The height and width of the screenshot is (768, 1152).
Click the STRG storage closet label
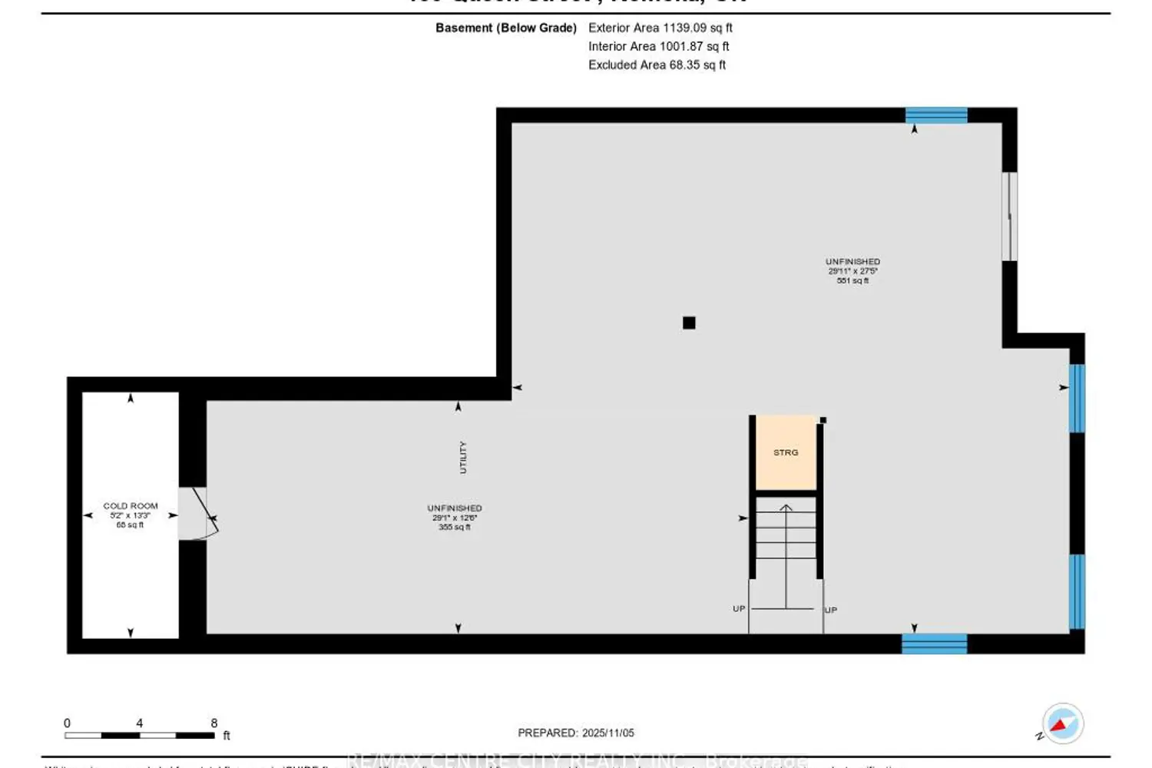click(786, 452)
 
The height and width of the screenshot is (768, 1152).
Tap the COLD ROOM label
click(131, 505)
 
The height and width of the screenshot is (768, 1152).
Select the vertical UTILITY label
click(463, 457)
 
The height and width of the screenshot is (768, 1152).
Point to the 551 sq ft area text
click(852, 281)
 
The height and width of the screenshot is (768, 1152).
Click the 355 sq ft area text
click(455, 527)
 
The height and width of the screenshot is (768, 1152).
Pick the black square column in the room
click(689, 323)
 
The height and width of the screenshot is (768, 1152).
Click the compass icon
click(1063, 723)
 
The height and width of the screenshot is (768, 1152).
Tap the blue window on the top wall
click(936, 115)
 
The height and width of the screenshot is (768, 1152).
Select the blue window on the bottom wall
click(934, 644)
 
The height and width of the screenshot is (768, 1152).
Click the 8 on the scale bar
click(214, 723)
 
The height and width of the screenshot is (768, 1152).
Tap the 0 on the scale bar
click(67, 723)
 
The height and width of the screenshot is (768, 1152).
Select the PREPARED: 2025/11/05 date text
click(576, 733)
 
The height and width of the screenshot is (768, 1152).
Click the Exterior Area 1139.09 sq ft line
click(660, 28)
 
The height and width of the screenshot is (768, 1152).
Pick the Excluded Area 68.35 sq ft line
click(657, 65)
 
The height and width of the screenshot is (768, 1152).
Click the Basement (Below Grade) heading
click(506, 28)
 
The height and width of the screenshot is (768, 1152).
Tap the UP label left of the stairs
click(739, 608)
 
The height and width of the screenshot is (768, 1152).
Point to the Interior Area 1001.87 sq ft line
click(659, 46)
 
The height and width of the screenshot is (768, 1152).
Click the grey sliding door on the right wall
click(1009, 217)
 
